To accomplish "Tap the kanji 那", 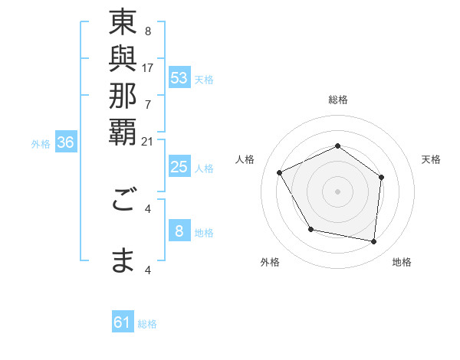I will pos(123,96).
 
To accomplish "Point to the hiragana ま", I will pos(123,260).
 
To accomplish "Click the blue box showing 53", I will pos(179,78).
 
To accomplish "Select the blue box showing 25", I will pos(179,168).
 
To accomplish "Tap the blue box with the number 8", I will pos(179,231).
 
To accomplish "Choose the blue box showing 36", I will pos(66,142).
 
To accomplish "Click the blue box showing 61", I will pos(123,323).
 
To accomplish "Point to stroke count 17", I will pos(148,67).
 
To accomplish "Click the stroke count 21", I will pos(148,140).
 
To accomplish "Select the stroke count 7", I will pos(148,103).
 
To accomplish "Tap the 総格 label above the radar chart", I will pos(337,100).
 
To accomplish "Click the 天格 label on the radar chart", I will pos(431,159).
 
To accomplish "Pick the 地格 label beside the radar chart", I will pos(402,262).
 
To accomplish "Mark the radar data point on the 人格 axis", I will pos(280,173).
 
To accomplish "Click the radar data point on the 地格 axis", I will pos(373,242).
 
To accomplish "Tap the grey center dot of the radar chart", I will pos(337,191).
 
